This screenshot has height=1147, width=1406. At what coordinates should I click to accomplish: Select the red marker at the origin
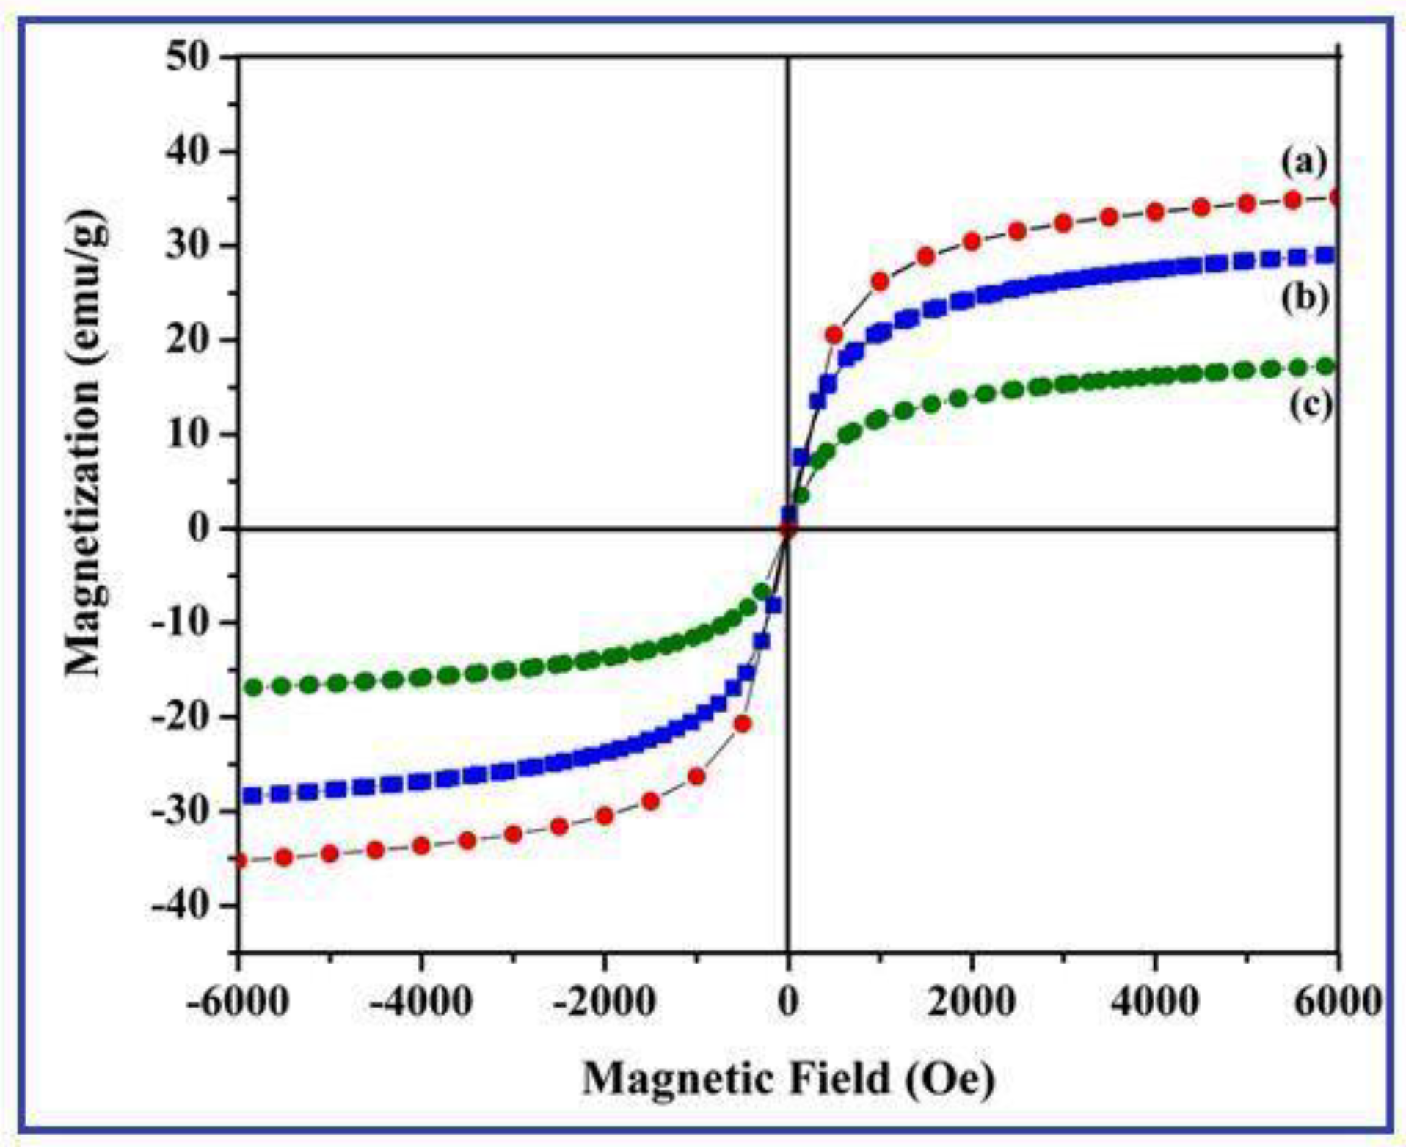coord(788,529)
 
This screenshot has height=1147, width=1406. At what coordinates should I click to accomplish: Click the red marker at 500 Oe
coord(834,335)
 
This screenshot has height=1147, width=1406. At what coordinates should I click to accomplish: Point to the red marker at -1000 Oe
coord(696,776)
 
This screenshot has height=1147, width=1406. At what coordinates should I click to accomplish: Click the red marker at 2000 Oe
coord(972,241)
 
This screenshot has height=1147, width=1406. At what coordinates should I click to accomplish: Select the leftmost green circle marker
coord(253,688)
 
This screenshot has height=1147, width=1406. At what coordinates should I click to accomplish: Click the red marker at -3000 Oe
coord(513,834)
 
